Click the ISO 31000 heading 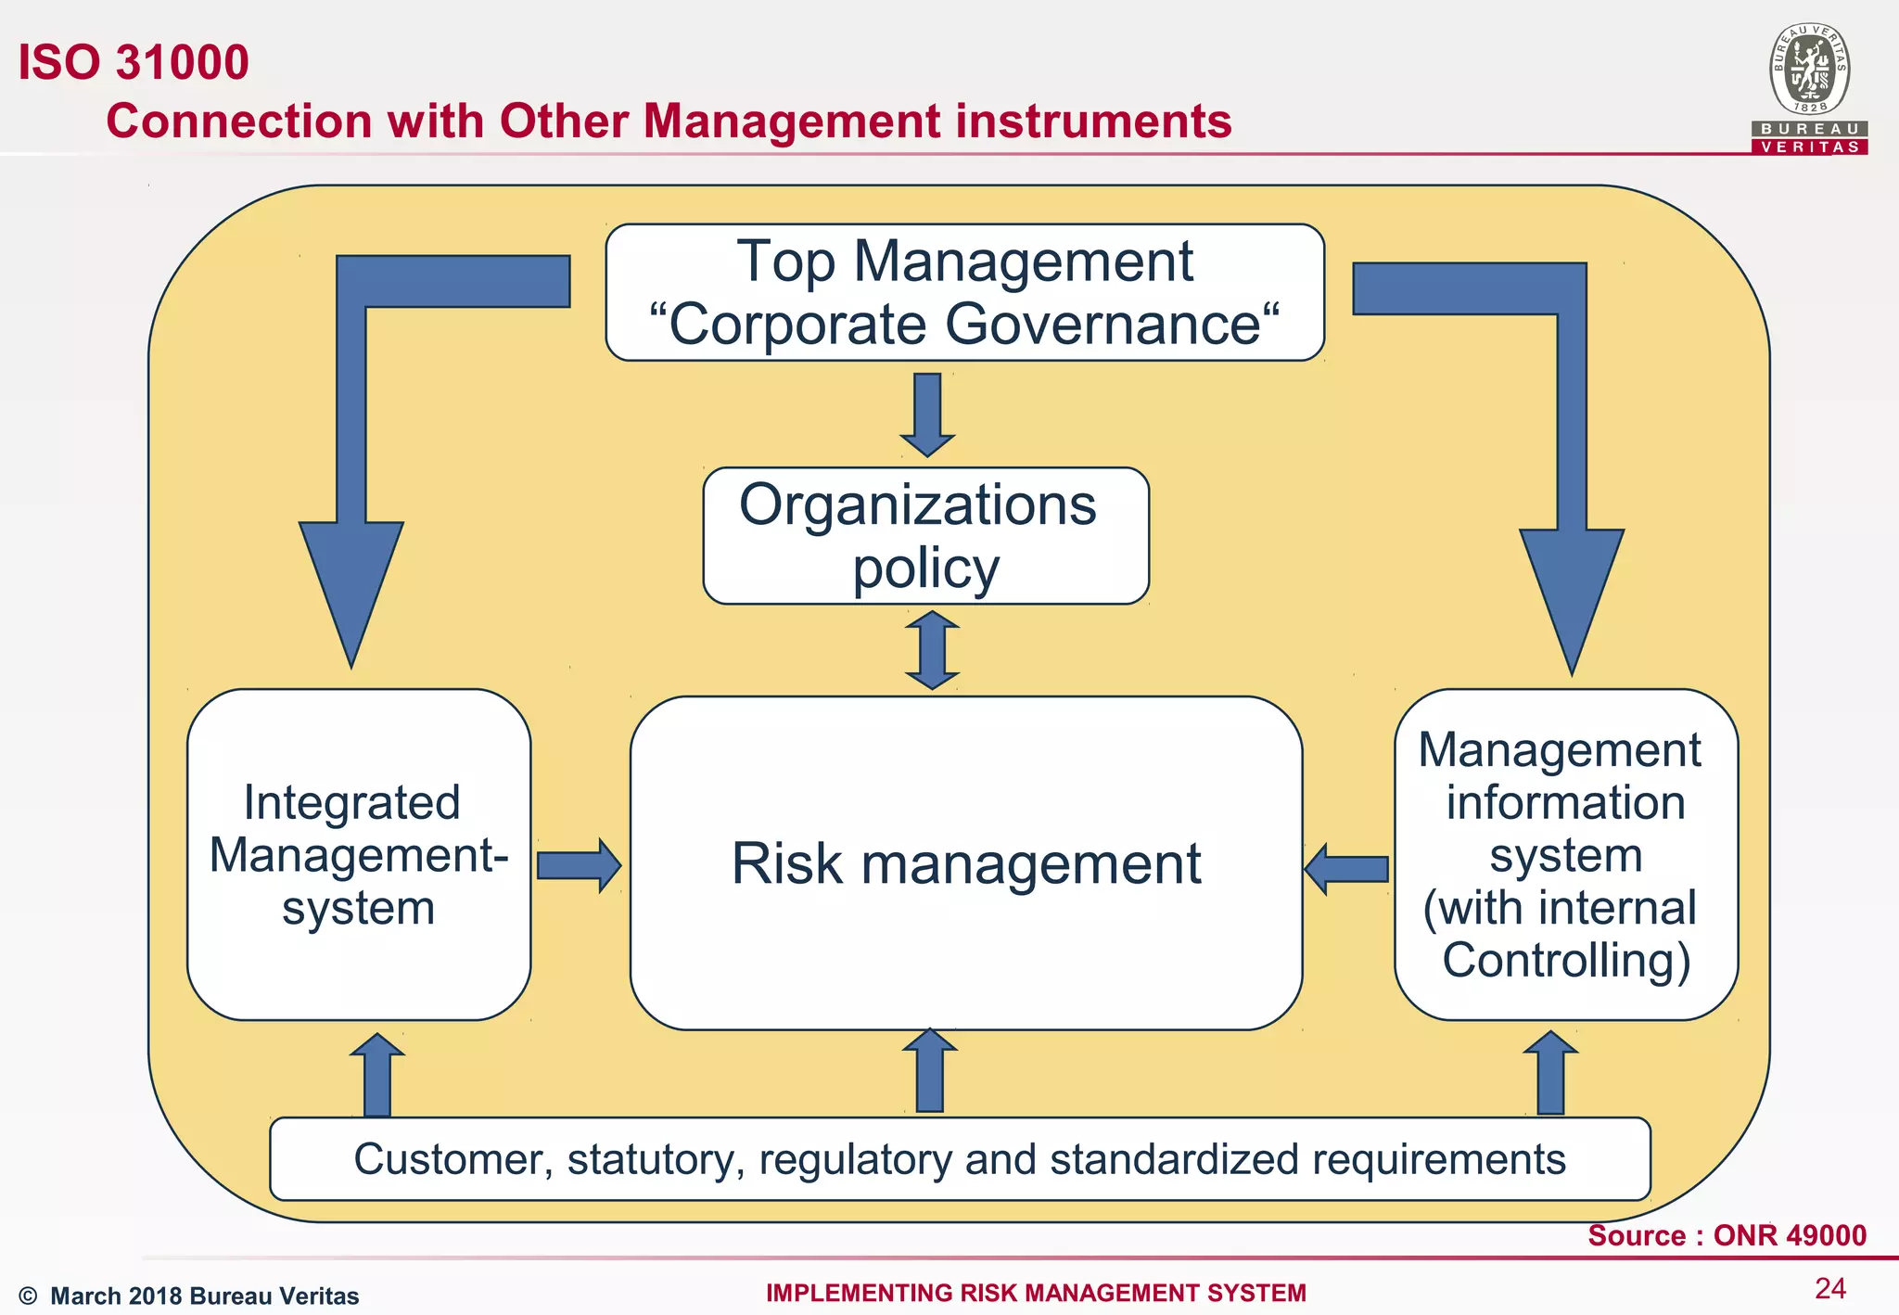click(x=134, y=62)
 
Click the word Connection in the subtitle click(x=238, y=121)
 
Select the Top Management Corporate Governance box click(x=964, y=292)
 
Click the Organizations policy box click(x=925, y=536)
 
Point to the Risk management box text click(x=966, y=863)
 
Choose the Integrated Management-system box click(x=358, y=854)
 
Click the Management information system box click(x=1565, y=854)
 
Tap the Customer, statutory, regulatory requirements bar click(x=960, y=1159)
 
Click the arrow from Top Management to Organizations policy click(x=927, y=413)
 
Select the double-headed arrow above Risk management click(x=932, y=650)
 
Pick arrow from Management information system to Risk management click(x=1347, y=869)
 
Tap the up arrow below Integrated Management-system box click(x=377, y=1076)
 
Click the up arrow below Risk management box click(x=930, y=1071)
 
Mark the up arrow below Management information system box click(x=1550, y=1074)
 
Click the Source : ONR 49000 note click(x=1727, y=1235)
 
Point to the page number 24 click(x=1830, y=1288)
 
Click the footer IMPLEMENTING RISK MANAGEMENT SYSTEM click(x=1036, y=1293)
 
